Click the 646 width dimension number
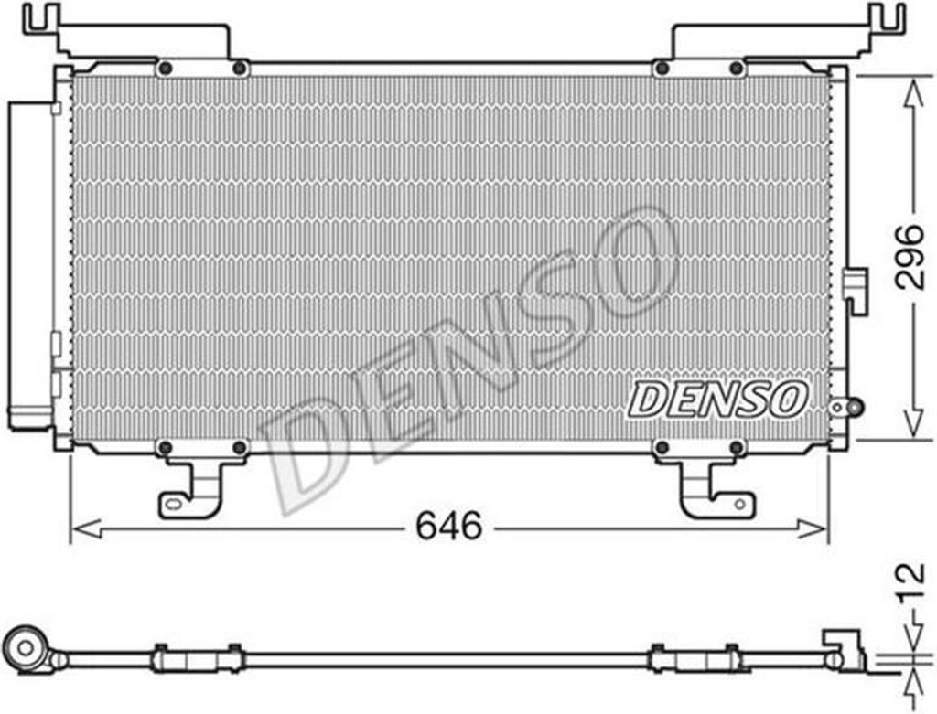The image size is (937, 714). coord(448,527)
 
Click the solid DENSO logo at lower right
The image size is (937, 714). coord(717,400)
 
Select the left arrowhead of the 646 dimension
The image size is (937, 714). coord(85,528)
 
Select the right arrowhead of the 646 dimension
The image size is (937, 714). coord(813,528)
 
